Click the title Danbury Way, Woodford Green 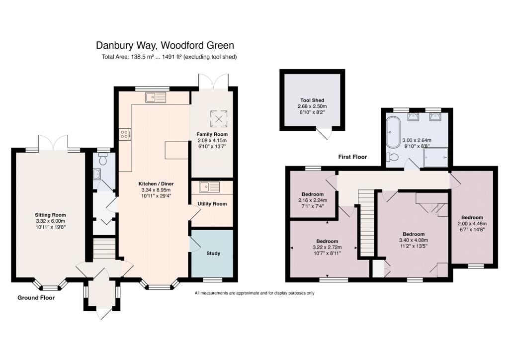pyautogui.click(x=165, y=45)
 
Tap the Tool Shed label pyautogui.click(x=312, y=100)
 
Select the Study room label pyautogui.click(x=213, y=253)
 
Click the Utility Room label pyautogui.click(x=212, y=204)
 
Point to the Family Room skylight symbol pyautogui.click(x=219, y=119)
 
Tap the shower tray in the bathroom pyautogui.click(x=436, y=158)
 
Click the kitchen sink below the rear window pyautogui.click(x=156, y=97)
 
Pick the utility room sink pyautogui.click(x=209, y=187)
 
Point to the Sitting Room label pyautogui.click(x=50, y=215)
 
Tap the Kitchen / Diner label pyautogui.click(x=156, y=184)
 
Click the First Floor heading pyautogui.click(x=352, y=157)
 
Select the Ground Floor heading pyautogui.click(x=36, y=298)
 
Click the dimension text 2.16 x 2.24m pyautogui.click(x=313, y=200)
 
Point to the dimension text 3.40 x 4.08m pyautogui.click(x=414, y=240)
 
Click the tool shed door pyautogui.click(x=325, y=133)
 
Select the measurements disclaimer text pyautogui.click(x=254, y=293)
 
